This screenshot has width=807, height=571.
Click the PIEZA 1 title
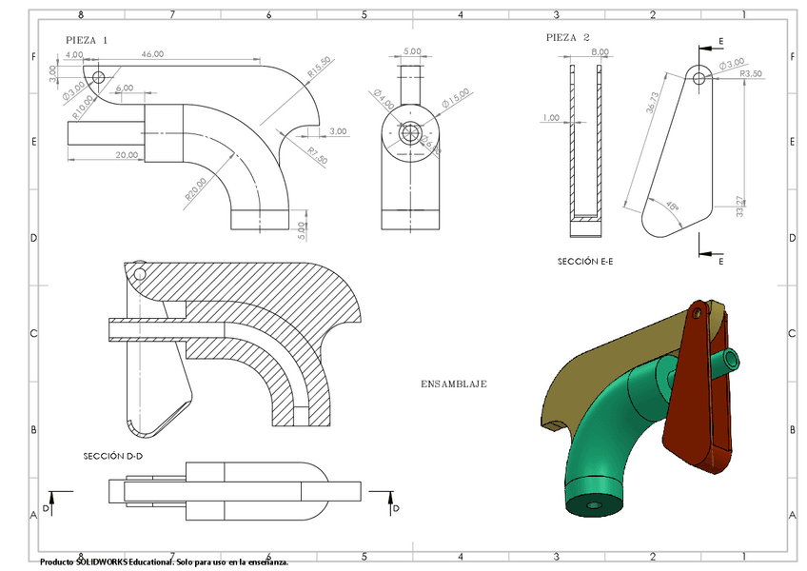87,41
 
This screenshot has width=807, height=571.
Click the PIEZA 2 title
568,37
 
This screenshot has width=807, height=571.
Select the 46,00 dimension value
151,54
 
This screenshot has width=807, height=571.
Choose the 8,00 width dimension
600,51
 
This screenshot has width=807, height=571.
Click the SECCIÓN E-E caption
585,260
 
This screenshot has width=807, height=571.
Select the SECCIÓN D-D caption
113,456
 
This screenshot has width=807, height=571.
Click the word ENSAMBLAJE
454,384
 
